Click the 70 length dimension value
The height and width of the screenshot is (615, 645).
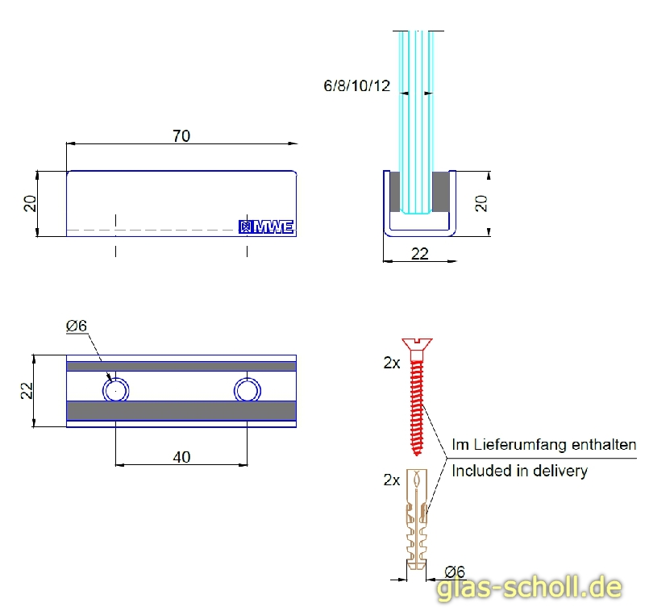point(181,135)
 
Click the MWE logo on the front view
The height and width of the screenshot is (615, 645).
point(268,227)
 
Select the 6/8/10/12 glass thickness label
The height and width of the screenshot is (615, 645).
point(357,85)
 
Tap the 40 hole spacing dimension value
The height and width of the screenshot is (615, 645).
point(182,456)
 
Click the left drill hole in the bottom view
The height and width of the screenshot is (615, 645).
point(115,390)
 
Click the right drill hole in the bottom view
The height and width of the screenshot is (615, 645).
point(247,390)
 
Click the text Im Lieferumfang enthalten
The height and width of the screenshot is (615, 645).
point(544,444)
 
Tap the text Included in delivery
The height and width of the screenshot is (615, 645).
point(520,471)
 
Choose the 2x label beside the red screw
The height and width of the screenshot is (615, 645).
point(392,363)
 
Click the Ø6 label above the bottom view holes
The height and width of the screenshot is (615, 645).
point(77,326)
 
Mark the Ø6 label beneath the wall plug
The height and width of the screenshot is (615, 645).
point(454,571)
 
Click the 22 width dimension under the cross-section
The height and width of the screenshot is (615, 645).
point(420,254)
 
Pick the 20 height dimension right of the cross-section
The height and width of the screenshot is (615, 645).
point(481,203)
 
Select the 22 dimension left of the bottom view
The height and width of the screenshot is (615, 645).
point(27,391)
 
